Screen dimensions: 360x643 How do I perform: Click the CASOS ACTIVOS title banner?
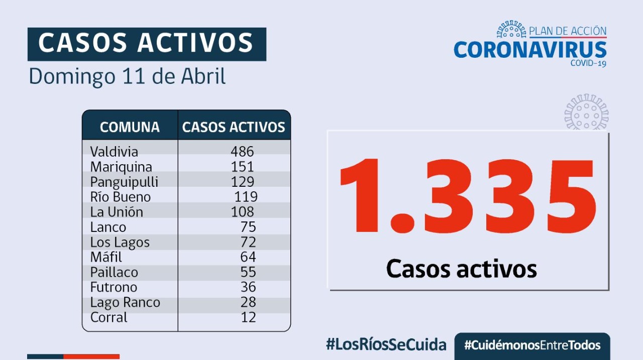click(x=146, y=43)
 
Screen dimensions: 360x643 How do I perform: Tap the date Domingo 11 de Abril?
click(x=127, y=76)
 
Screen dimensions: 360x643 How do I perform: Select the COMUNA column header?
click(x=130, y=127)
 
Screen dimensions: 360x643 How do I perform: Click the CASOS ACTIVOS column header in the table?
click(x=234, y=127)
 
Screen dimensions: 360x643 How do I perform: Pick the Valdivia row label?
click(x=114, y=152)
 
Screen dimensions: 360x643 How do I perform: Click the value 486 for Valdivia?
click(x=243, y=152)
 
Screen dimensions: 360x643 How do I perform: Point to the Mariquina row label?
click(x=121, y=167)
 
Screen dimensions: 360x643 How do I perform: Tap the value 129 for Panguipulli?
click(x=243, y=182)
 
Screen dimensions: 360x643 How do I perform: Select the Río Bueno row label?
click(x=121, y=197)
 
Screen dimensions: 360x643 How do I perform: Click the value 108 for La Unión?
click(x=243, y=212)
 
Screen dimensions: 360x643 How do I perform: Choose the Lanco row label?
click(x=108, y=227)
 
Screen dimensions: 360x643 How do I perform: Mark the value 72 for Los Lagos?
click(x=248, y=242)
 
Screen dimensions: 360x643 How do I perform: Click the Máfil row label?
click(x=106, y=257)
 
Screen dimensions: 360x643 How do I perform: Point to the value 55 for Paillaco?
click(x=248, y=272)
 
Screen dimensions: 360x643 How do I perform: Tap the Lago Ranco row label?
click(x=125, y=302)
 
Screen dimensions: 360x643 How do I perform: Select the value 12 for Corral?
click(x=248, y=317)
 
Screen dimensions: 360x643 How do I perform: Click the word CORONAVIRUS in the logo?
click(x=530, y=50)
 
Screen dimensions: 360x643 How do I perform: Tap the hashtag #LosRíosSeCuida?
click(x=386, y=345)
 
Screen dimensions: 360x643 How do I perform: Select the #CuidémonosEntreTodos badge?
click(x=532, y=345)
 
